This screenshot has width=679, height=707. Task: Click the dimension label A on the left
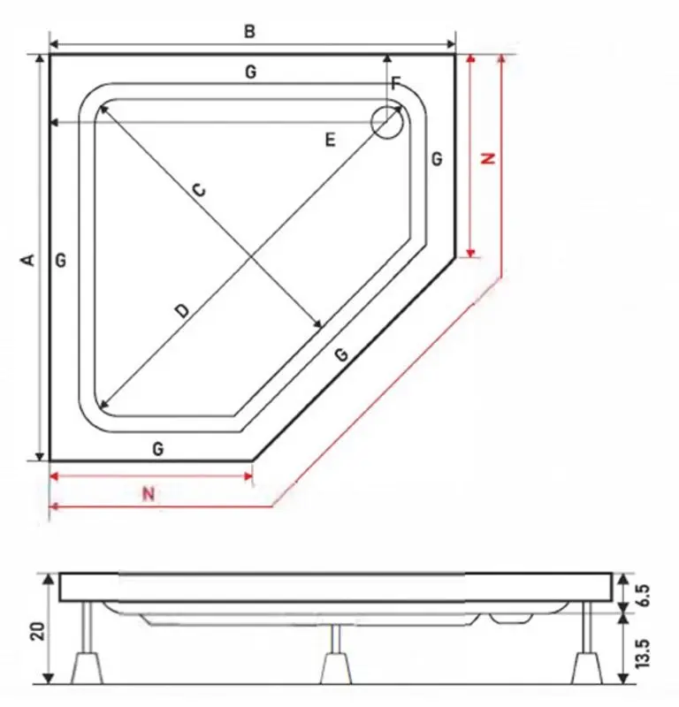(x=27, y=259)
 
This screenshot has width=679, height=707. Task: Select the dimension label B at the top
(x=250, y=32)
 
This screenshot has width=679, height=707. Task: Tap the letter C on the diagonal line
(x=199, y=189)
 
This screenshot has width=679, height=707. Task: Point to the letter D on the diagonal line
(x=181, y=310)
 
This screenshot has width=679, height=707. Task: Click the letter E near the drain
(x=330, y=140)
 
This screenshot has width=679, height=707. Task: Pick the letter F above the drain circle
(x=395, y=85)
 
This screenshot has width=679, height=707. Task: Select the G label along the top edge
(x=250, y=72)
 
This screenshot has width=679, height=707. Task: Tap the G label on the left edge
(x=60, y=260)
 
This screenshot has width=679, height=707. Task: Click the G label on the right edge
(x=437, y=159)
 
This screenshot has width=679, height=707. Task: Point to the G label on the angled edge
(x=341, y=354)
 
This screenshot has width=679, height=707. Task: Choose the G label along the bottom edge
(x=157, y=448)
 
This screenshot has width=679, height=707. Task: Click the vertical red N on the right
(x=487, y=159)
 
